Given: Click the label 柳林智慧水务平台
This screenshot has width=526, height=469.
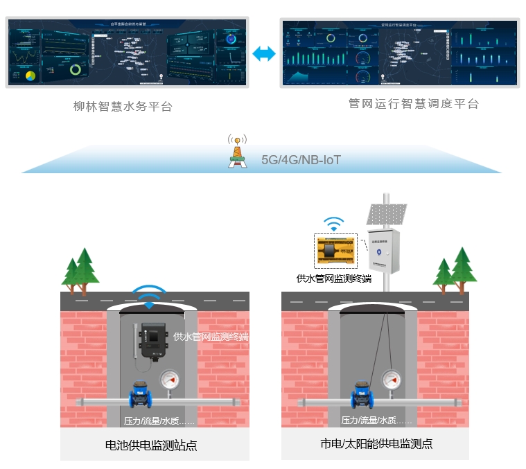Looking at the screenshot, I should pyautogui.click(x=123, y=107).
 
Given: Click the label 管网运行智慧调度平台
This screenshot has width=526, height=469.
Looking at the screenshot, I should pyautogui.click(x=413, y=104).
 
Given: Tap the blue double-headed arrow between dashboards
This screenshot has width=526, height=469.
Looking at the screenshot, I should pyautogui.click(x=264, y=54).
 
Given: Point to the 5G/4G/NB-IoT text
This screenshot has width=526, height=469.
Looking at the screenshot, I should pyautogui.click(x=301, y=159).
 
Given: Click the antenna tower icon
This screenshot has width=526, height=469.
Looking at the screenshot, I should pyautogui.click(x=237, y=151).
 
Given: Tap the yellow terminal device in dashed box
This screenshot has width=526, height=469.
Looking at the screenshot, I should pyautogui.click(x=335, y=251).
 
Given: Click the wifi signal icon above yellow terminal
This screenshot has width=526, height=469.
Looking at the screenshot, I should pyautogui.click(x=334, y=222).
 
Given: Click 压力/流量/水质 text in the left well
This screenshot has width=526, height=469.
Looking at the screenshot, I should pyautogui.click(x=159, y=421).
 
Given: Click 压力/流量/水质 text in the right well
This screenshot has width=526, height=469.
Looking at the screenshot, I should pyautogui.click(x=376, y=421).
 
